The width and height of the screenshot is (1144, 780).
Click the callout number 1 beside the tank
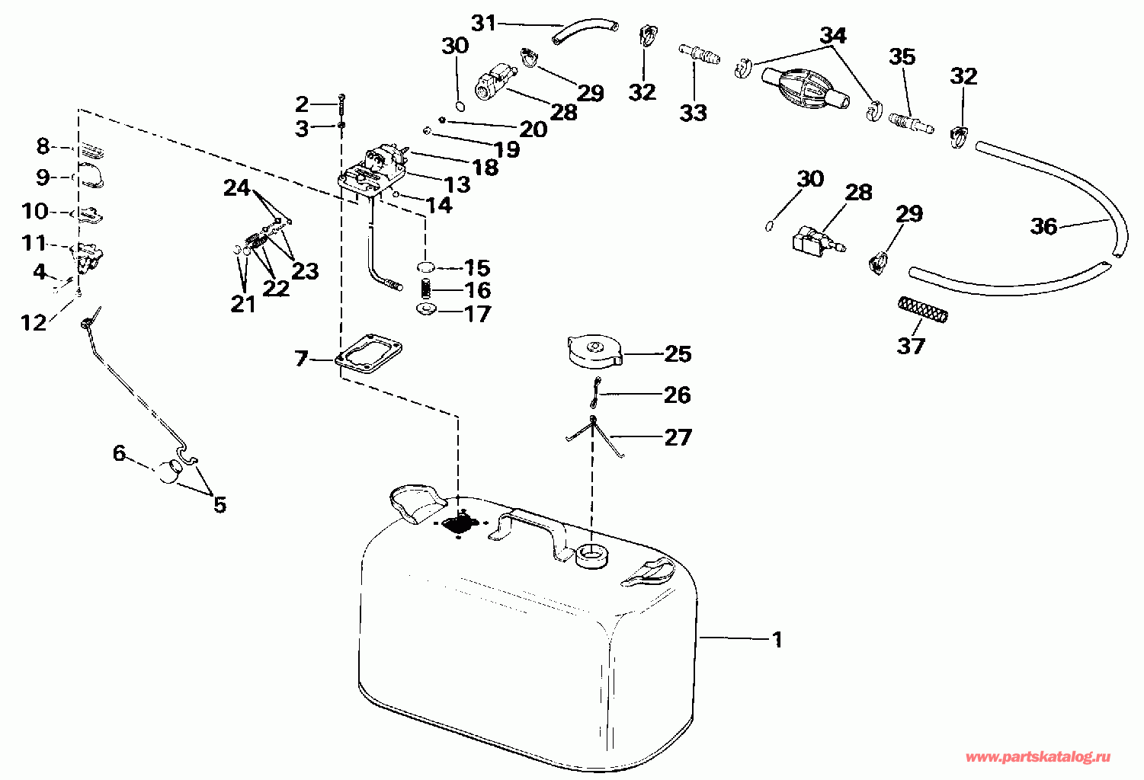coord(777,640)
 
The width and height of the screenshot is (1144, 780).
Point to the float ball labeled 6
coord(171,472)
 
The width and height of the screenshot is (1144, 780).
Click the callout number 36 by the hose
coord(1044,226)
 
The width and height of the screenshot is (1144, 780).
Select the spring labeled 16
coord(427,289)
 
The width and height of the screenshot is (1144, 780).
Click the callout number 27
coord(678,437)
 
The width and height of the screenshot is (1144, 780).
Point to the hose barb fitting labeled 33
coord(699,55)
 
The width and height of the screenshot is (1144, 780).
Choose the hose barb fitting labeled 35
coord(911,123)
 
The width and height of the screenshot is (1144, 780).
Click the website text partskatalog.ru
coord(1037,757)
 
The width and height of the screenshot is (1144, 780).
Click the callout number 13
coord(458,184)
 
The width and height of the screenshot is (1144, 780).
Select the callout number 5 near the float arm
coord(220,504)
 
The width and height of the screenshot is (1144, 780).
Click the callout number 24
coord(237,187)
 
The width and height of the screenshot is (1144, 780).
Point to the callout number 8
coord(43,145)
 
